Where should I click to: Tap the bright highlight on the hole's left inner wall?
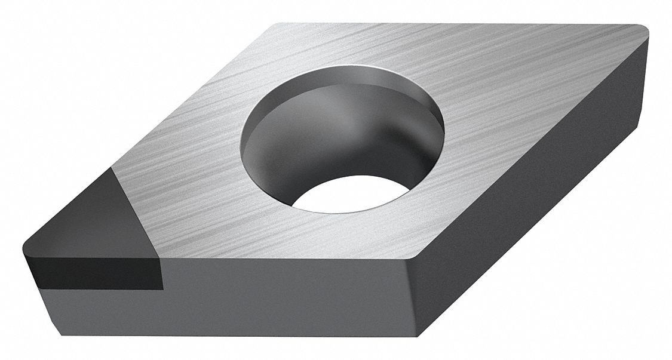(251, 143)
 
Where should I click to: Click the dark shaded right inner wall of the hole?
(418, 137)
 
